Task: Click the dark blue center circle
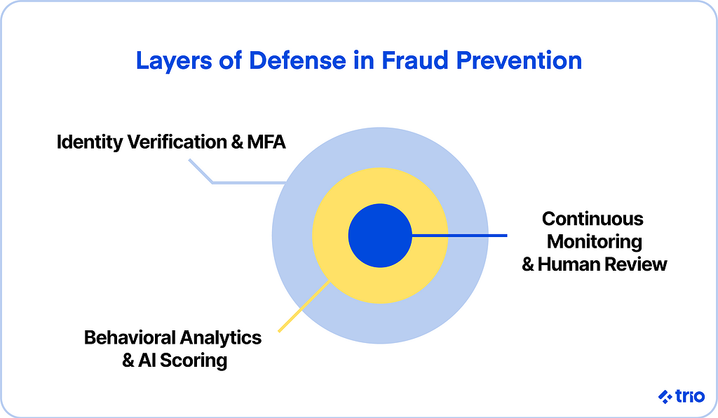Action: (x=380, y=236)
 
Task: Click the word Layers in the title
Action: (x=174, y=61)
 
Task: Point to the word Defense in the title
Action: (x=297, y=60)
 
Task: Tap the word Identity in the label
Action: (x=90, y=142)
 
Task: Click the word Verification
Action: (x=177, y=142)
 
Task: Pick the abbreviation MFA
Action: (x=266, y=142)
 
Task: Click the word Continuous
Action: (x=592, y=219)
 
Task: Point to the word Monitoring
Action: (x=595, y=242)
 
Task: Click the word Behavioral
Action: (x=130, y=338)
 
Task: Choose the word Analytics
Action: (x=221, y=338)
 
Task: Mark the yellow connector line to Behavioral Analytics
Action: (x=304, y=306)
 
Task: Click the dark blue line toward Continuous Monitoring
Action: (x=459, y=236)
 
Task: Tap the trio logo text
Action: (x=690, y=396)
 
